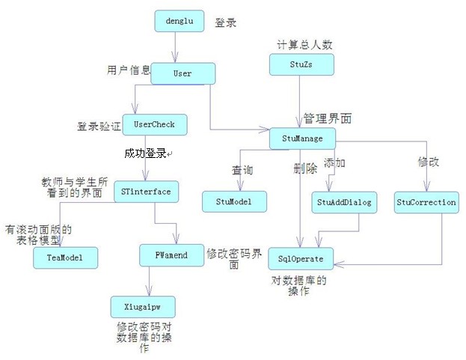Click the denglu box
click(179, 22)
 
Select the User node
click(183, 73)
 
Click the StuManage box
click(302, 138)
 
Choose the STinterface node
click(146, 192)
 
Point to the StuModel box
click(235, 201)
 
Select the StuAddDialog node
click(343, 202)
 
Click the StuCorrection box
click(426, 202)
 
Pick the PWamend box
click(171, 255)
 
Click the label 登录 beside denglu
click(225, 23)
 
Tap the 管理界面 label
click(328, 118)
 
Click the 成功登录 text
click(146, 153)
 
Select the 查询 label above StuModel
click(242, 171)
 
